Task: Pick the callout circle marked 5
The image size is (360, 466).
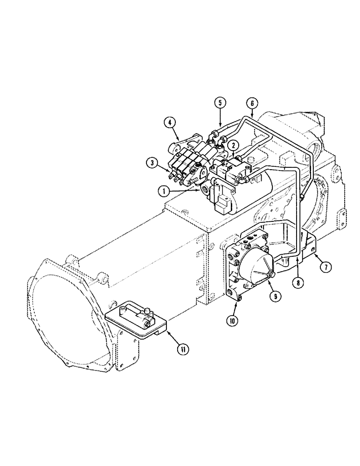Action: click(x=221, y=103)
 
